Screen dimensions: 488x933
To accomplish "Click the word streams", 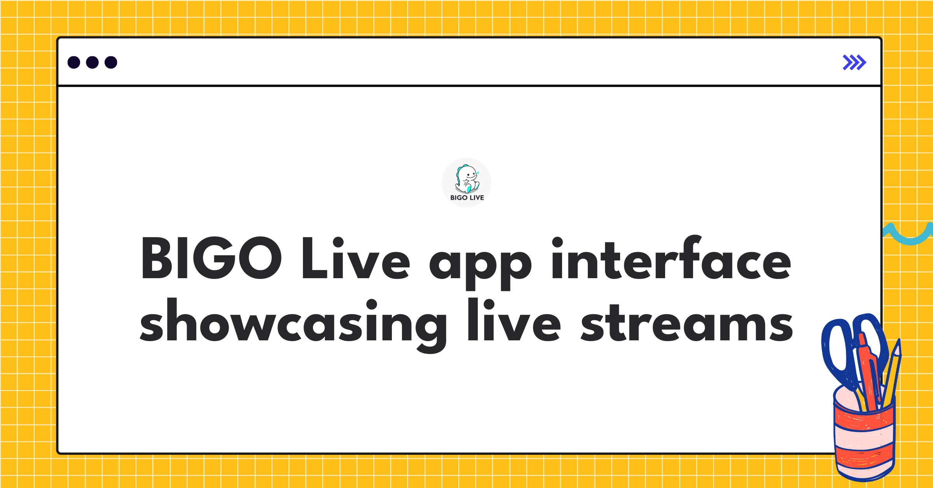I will (x=687, y=322).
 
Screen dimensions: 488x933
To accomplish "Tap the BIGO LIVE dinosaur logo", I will (x=466, y=179).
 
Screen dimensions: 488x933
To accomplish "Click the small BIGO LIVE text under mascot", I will (x=467, y=198).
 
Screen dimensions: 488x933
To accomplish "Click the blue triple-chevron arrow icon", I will (x=854, y=63).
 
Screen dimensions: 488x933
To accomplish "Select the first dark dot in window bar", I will (x=74, y=63).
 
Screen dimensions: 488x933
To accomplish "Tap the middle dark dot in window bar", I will (x=92, y=63).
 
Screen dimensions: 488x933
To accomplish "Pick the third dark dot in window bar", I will (x=111, y=63).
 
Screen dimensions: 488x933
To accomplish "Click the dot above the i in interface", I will (x=557, y=242).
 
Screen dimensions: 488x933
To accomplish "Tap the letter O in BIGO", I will (x=259, y=258).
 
